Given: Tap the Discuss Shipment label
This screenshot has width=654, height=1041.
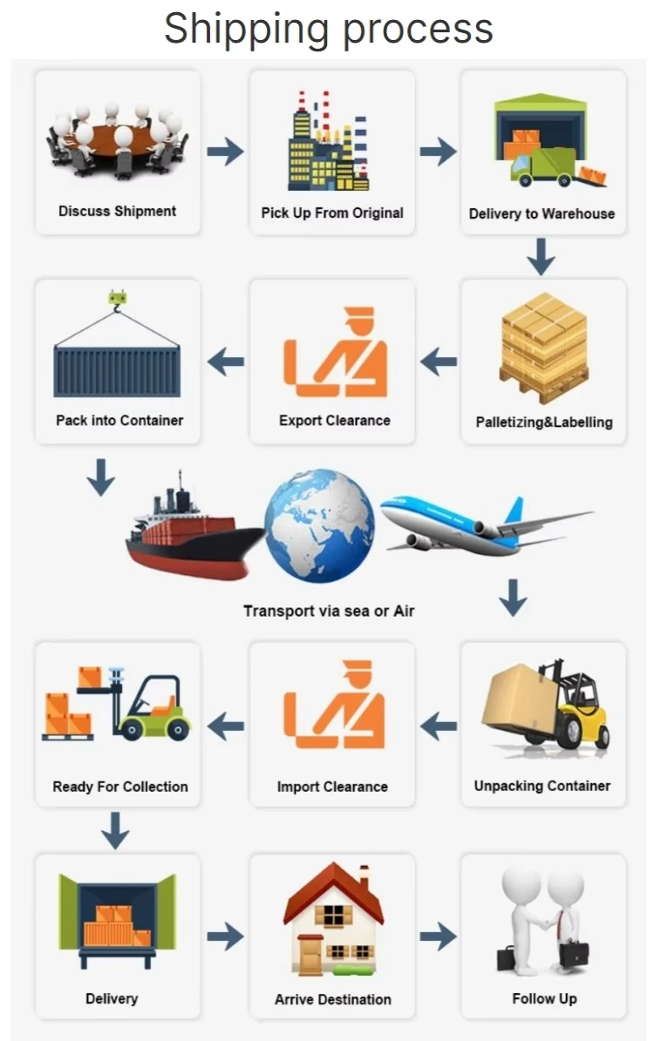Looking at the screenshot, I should pyautogui.click(x=117, y=211).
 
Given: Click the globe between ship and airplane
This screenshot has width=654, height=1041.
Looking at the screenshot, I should pyautogui.click(x=319, y=526).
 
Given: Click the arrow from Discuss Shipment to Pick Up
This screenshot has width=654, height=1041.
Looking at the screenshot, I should pyautogui.click(x=225, y=152).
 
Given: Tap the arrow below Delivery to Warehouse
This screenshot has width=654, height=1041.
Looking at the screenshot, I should pyautogui.click(x=542, y=256).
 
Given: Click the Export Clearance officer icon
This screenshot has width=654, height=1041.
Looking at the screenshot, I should pyautogui.click(x=335, y=352).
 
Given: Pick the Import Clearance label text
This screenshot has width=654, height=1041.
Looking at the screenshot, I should pyautogui.click(x=332, y=787).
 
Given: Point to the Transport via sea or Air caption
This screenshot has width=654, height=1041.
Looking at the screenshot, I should pyautogui.click(x=329, y=611).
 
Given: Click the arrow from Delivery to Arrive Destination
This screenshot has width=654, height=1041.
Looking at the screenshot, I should pyautogui.click(x=225, y=936).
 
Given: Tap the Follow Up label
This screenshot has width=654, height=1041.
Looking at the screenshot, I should pyautogui.click(x=544, y=998).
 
